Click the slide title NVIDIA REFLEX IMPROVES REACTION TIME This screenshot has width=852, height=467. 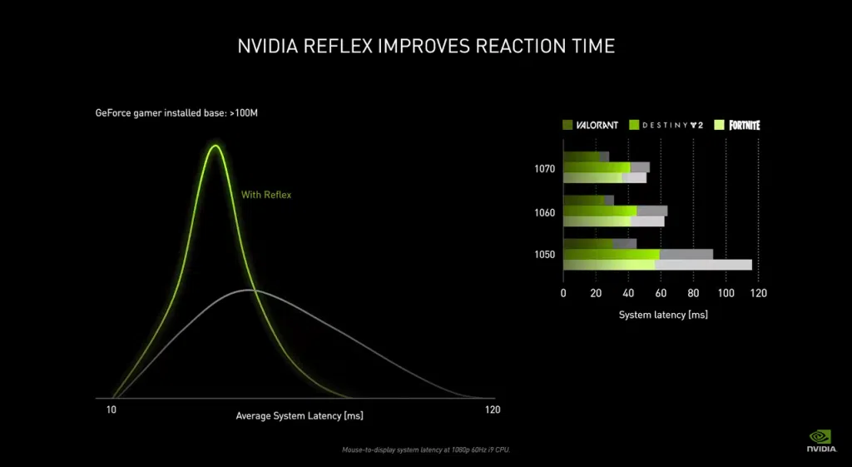coord(426,45)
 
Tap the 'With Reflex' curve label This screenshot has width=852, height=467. coord(266,195)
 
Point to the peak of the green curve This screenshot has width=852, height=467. coord(215,147)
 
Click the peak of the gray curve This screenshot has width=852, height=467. coord(250,290)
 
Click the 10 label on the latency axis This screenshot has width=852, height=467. coord(111,410)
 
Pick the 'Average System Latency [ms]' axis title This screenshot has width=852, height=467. coord(300,415)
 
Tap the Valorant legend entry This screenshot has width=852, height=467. coord(591,125)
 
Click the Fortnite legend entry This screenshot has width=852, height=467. coord(737,125)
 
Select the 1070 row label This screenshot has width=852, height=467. coord(545,168)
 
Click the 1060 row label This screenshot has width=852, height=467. coord(545,212)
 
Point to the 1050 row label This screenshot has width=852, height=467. coord(545,255)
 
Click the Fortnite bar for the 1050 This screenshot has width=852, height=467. coord(657,265)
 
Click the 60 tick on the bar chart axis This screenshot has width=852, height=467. coord(661,293)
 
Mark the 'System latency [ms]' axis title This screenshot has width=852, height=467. coord(662,315)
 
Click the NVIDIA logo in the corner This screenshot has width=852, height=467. coord(820,440)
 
